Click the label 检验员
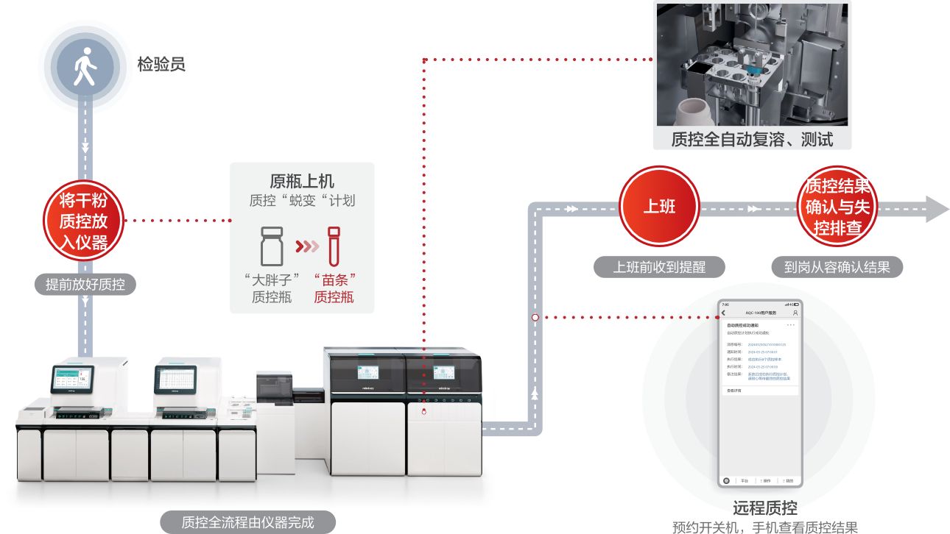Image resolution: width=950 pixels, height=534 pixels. pyautogui.click(x=161, y=65)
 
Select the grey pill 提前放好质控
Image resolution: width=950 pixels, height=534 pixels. pyautogui.click(x=85, y=285)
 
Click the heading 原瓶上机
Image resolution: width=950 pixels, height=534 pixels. pyautogui.click(x=301, y=181)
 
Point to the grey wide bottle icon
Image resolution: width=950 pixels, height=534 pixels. pyautogui.click(x=272, y=246)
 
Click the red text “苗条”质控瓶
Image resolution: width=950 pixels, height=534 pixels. pyautogui.click(x=334, y=288)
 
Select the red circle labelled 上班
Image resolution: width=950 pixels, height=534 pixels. pyautogui.click(x=658, y=207)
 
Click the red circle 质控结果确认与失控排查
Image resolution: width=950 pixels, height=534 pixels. pyautogui.click(x=837, y=207)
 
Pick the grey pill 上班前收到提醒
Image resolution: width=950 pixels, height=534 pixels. pyautogui.click(x=659, y=267)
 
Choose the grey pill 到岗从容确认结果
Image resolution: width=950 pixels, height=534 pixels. pyautogui.click(x=837, y=267)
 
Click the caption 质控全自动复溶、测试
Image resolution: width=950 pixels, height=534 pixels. pyautogui.click(x=751, y=139)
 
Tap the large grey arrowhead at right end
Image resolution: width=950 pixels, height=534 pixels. pyautogui.click(x=936, y=209)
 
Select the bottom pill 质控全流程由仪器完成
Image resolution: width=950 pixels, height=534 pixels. pyautogui.click(x=247, y=522)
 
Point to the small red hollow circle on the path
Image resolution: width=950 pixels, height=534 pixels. pyautogui.click(x=535, y=318)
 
